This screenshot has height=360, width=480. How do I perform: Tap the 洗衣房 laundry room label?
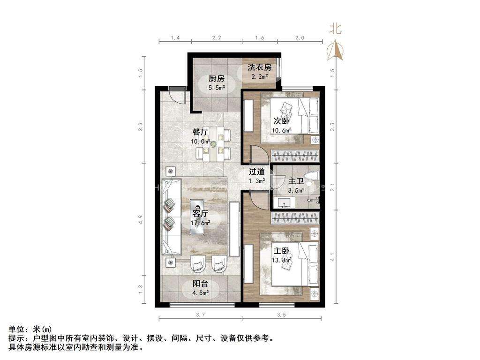(x=260, y=67)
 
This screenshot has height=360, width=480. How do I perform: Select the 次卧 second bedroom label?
(x=281, y=120)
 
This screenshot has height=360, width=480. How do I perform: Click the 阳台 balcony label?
(x=201, y=284)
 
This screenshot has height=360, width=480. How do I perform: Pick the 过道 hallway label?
(x=256, y=172)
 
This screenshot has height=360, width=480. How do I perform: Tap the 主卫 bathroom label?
(x=296, y=181)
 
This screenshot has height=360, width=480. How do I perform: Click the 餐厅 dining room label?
(x=201, y=132)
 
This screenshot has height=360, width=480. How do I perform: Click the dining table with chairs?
(x=214, y=143)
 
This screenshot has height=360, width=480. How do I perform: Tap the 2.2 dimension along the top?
(x=217, y=37)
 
